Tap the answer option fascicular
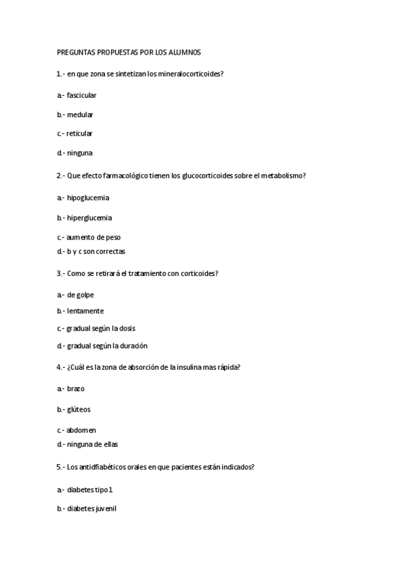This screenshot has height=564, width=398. (82, 95)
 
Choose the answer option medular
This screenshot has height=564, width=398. (80, 114)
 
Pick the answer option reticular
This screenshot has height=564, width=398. (79, 133)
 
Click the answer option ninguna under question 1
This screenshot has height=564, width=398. (80, 153)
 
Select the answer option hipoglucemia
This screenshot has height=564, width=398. (88, 198)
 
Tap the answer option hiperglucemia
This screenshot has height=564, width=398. (89, 217)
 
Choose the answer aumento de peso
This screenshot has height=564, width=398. (94, 237)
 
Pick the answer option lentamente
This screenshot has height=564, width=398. (85, 311)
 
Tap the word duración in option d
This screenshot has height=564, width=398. (134, 345)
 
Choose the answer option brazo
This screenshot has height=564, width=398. (76, 388)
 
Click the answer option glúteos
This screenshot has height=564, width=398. (78, 410)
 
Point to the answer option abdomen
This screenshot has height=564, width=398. (81, 430)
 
